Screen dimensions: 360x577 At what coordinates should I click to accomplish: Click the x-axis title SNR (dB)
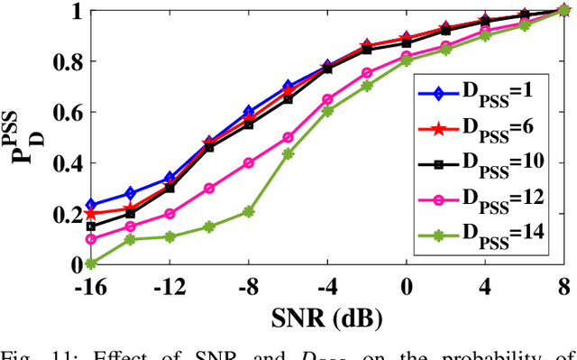point(327,317)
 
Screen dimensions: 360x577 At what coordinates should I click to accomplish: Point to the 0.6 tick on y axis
point(65,113)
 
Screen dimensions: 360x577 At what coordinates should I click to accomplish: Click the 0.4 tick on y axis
point(65,163)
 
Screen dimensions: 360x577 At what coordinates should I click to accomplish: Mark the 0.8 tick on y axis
point(65,62)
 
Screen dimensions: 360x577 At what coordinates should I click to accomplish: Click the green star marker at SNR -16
point(90,263)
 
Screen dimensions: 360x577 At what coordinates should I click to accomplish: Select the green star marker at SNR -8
point(249,211)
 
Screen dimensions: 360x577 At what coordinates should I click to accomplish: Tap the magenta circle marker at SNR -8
point(249,163)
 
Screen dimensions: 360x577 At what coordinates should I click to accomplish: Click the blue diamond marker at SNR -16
point(90,205)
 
